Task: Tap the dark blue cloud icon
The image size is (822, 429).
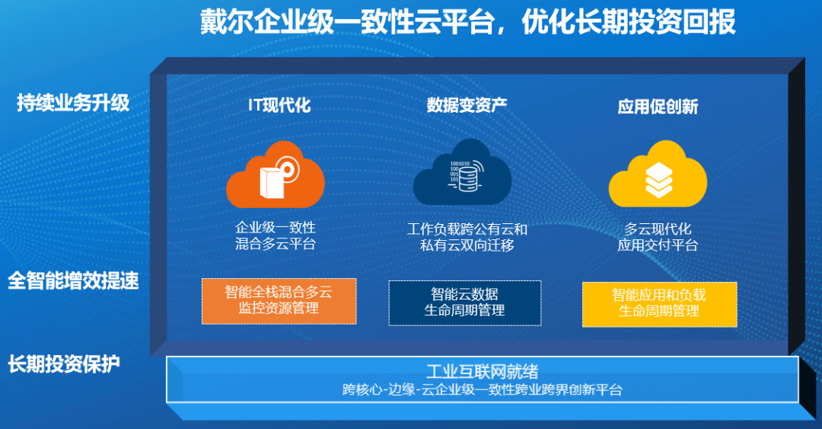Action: [x=463, y=172]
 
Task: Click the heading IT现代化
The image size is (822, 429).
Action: [x=279, y=105]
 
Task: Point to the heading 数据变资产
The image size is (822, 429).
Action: [x=467, y=105]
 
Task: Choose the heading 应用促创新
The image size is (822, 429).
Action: [x=658, y=107]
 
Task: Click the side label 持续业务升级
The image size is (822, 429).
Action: [x=73, y=102]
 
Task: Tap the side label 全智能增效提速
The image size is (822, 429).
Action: [x=73, y=280]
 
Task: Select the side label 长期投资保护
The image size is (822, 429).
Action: [x=64, y=363]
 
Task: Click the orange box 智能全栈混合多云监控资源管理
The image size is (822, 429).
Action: [x=279, y=301]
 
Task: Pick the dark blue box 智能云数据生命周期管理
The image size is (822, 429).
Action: [x=465, y=303]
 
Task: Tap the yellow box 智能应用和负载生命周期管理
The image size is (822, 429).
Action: [x=659, y=305]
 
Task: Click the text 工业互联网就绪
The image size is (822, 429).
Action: [x=483, y=371]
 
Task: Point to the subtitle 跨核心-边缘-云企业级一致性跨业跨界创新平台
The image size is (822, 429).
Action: [x=483, y=389]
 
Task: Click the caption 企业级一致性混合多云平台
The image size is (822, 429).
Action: [x=276, y=235]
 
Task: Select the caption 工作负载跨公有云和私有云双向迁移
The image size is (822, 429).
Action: [x=467, y=237]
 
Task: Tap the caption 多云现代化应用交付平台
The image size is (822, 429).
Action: [x=658, y=237]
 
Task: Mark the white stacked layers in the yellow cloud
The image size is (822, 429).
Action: [x=658, y=180]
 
